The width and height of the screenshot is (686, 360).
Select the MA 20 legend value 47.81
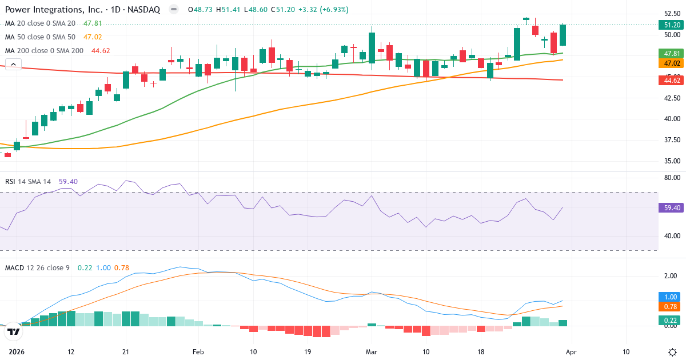(x=93, y=23)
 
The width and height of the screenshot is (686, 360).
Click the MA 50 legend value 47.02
(x=93, y=37)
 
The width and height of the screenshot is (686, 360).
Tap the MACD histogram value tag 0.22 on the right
(x=670, y=320)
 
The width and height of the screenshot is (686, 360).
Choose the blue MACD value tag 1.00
(x=670, y=297)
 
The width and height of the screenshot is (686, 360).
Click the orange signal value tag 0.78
(x=670, y=307)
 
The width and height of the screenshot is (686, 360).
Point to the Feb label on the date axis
(x=198, y=351)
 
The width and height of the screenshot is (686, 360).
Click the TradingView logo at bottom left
(x=13, y=331)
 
